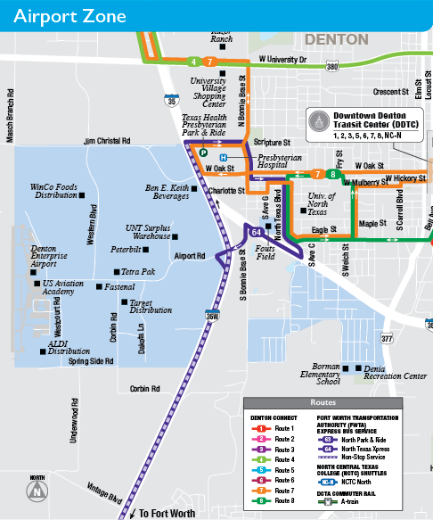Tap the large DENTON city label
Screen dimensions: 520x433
[x=336, y=40]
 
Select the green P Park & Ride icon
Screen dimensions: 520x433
[x=203, y=153]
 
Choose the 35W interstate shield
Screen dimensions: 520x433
[x=211, y=315]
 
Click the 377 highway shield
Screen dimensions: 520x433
[x=386, y=339]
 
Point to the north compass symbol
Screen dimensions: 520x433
[x=37, y=490]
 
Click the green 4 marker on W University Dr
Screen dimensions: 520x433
[x=193, y=62]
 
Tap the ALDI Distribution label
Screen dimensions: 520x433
[x=69, y=347]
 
